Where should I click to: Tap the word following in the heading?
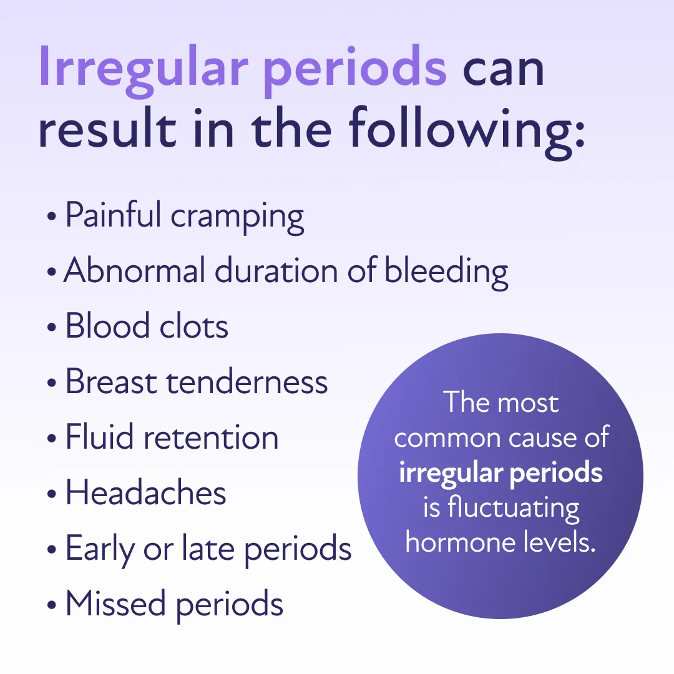[x=467, y=130]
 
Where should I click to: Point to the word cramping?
[x=237, y=217]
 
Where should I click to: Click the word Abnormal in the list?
[x=134, y=271]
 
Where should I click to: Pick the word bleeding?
[x=446, y=272]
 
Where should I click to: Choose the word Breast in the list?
[x=110, y=381]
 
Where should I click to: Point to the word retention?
[x=212, y=437]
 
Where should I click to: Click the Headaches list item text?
[x=145, y=492]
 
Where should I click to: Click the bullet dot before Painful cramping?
[x=51, y=217]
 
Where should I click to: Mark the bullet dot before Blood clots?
[x=51, y=328]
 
